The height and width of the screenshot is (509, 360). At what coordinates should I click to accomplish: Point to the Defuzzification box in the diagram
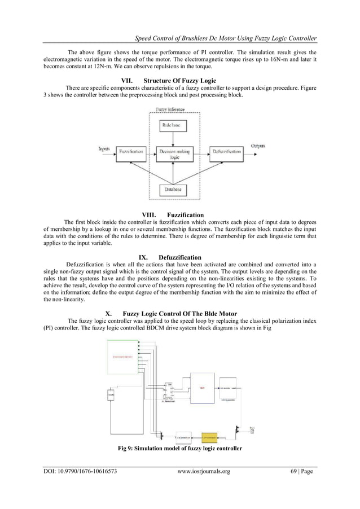coord(226,152)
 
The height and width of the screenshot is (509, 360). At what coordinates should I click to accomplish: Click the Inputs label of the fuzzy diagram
coord(104,148)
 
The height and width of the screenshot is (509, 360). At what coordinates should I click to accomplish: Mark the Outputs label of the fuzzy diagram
coord(259,146)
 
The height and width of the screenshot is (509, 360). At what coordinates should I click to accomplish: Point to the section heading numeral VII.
coord(128,80)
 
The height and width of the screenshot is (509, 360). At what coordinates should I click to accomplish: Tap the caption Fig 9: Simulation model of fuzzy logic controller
coord(179,449)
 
